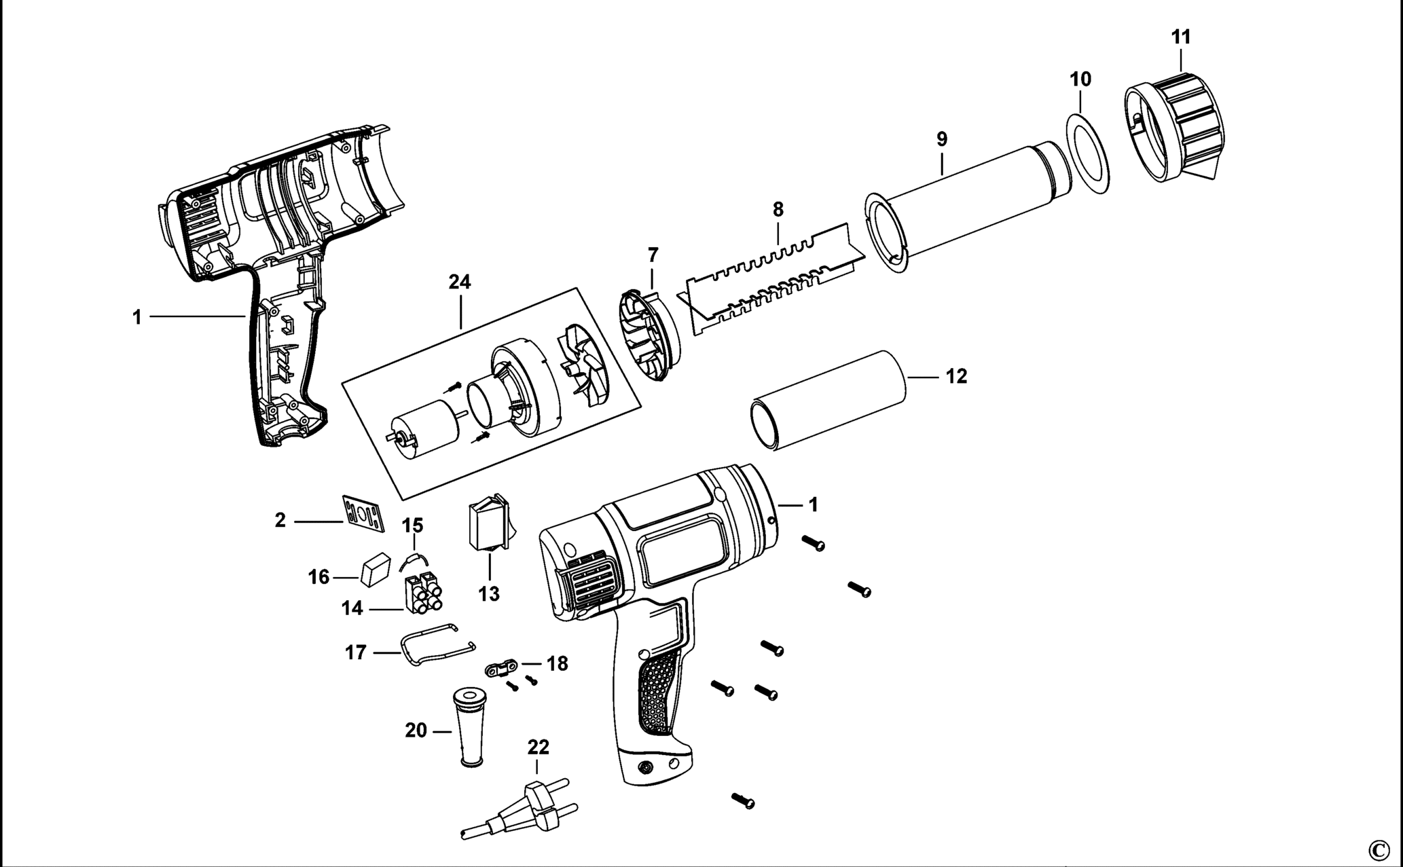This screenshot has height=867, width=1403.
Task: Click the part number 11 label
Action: tap(1181, 37)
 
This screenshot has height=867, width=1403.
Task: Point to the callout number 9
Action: tap(942, 139)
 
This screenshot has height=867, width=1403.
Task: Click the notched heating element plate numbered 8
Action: tap(774, 278)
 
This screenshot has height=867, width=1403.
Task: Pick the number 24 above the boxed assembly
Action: tap(460, 282)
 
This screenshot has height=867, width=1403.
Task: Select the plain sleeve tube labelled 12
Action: tap(828, 401)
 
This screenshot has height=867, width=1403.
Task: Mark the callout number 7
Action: tap(653, 255)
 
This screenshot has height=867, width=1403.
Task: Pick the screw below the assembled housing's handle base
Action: tap(742, 800)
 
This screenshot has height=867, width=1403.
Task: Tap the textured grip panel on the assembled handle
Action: tap(657, 693)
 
